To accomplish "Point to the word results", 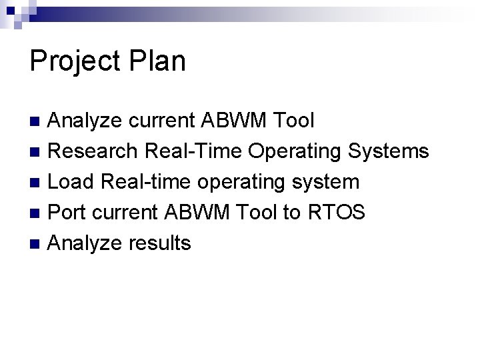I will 160,243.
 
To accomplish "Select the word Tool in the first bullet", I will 289,121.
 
